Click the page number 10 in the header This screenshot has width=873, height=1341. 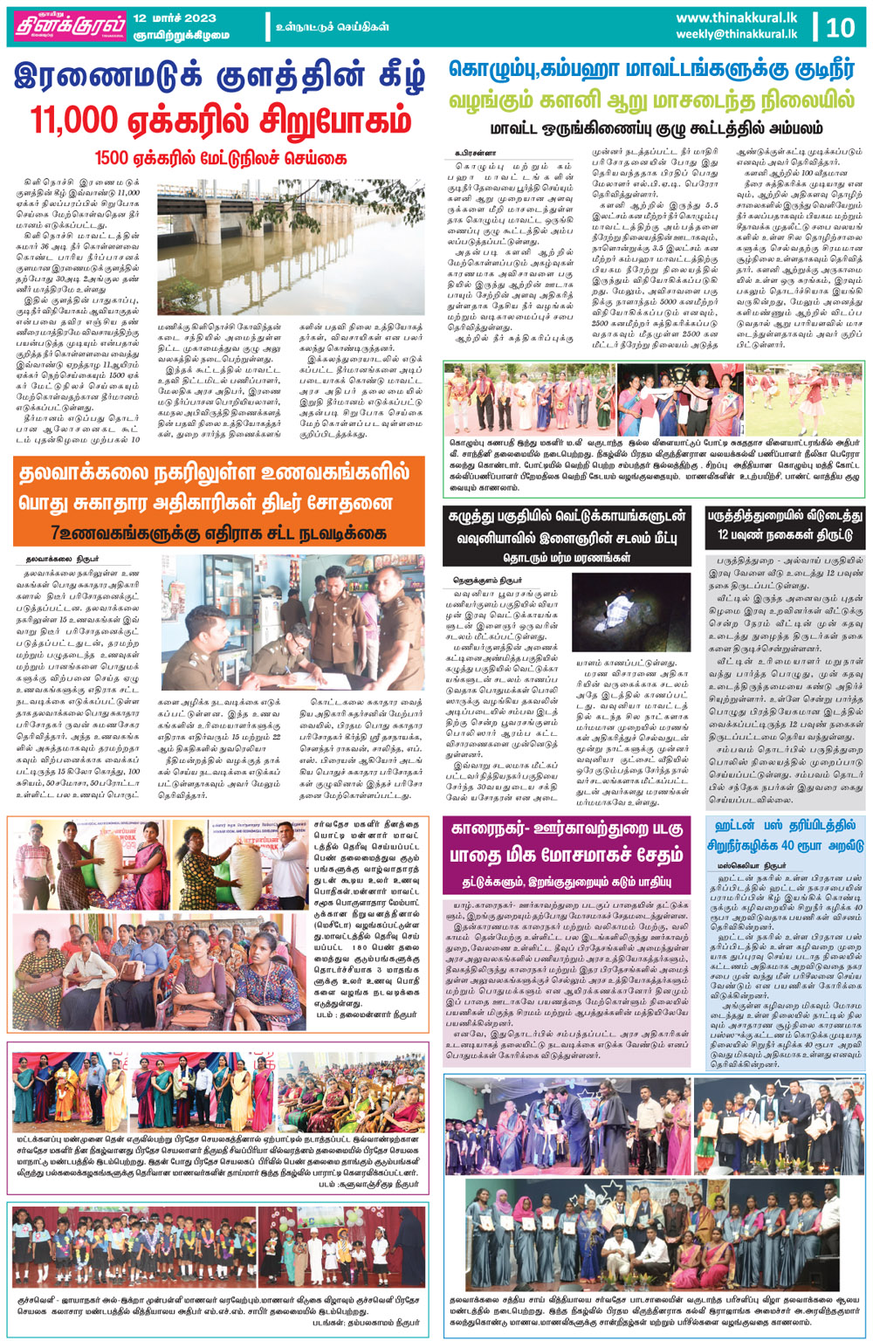tap(840, 27)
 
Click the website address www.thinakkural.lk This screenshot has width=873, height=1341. tap(736, 17)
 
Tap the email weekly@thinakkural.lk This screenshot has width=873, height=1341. tap(736, 34)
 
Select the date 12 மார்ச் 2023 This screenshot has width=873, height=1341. tap(175, 17)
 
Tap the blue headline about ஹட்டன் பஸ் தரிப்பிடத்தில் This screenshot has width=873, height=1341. tap(786, 835)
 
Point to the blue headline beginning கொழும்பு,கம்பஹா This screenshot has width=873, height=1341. tap(652, 70)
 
